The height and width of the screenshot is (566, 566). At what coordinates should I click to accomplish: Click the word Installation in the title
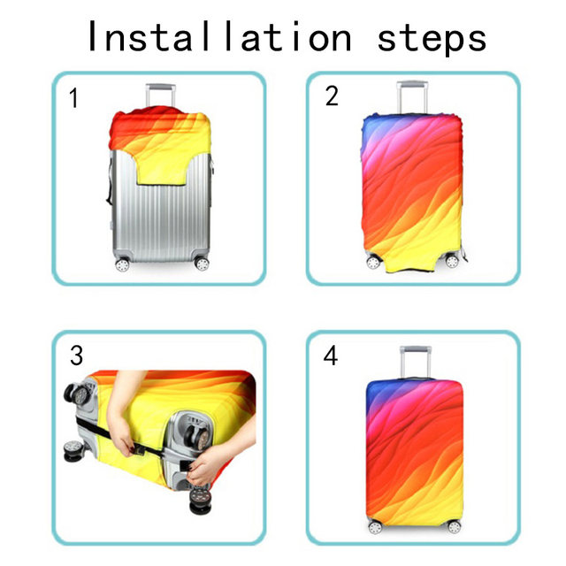tap(219, 37)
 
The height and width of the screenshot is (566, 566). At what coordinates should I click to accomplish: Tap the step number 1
tap(73, 98)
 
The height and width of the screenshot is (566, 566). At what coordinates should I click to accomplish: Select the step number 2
tap(332, 96)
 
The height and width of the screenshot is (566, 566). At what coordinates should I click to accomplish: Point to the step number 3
tap(77, 356)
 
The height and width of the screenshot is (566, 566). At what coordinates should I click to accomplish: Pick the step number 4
tap(330, 356)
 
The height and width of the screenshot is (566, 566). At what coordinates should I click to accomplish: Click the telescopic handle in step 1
tap(161, 95)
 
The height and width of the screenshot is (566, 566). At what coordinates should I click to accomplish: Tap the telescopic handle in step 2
tap(412, 96)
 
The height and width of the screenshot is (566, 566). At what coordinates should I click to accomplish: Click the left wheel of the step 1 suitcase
tap(122, 264)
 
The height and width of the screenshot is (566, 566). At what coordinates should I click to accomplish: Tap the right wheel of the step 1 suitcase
tap(202, 264)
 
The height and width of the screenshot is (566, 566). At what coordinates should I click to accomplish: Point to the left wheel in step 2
tap(373, 262)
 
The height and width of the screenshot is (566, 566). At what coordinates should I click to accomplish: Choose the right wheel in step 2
tap(452, 261)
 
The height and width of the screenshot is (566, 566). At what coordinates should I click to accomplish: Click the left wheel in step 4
tap(375, 528)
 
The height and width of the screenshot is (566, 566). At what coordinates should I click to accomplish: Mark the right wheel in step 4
tap(454, 527)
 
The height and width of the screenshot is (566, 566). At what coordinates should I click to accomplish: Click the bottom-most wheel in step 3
tap(200, 499)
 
